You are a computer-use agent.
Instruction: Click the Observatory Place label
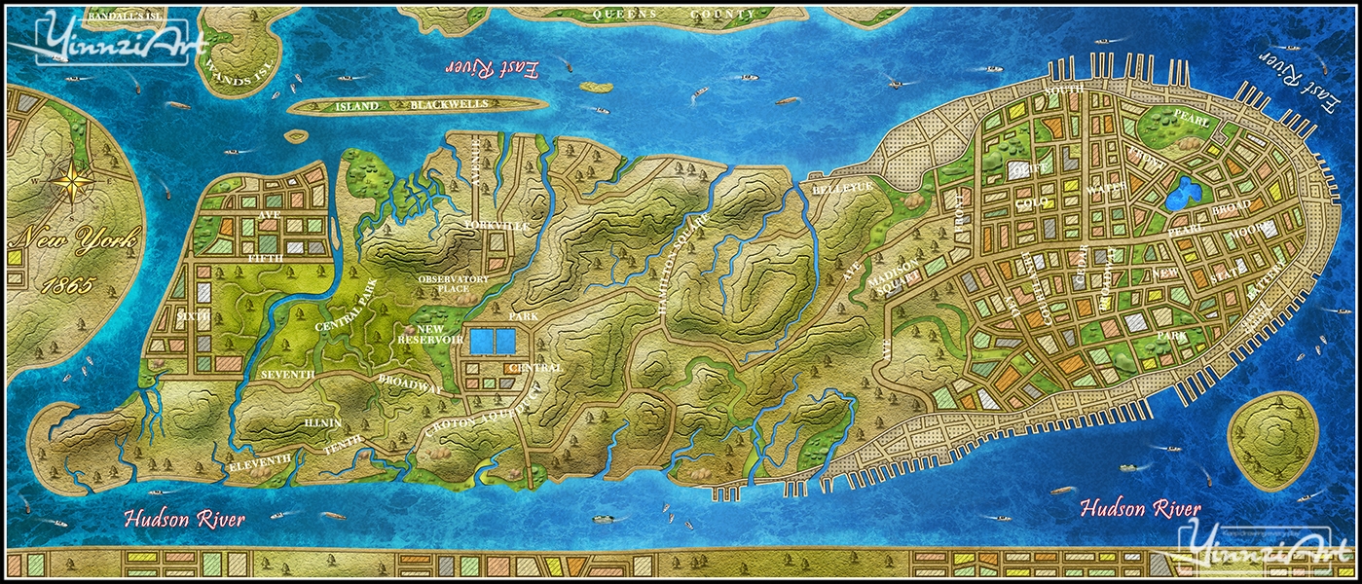tap(453, 283)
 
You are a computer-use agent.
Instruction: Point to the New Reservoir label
tap(429, 334)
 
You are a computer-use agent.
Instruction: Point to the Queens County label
tap(676, 15)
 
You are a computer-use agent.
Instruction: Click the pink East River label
tap(491, 68)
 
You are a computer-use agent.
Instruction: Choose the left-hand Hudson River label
tap(185, 519)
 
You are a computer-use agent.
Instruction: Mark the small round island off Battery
tap(1272, 433)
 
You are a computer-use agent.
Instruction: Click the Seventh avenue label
tap(287, 375)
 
